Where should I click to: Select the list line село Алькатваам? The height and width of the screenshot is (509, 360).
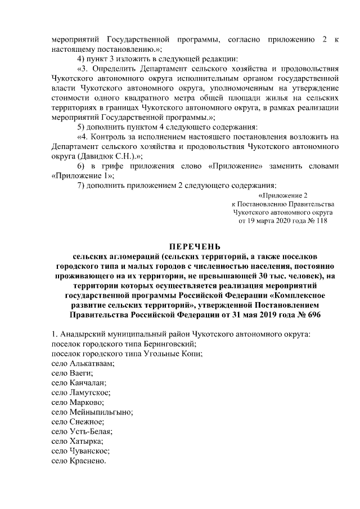click(82, 363)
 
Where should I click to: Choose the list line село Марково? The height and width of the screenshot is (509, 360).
click(78, 402)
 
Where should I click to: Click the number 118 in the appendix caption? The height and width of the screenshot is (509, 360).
click(321, 221)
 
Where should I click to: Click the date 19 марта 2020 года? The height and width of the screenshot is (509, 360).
click(274, 221)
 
